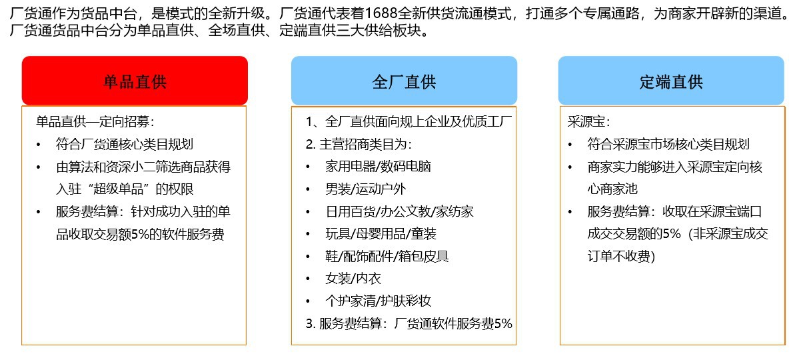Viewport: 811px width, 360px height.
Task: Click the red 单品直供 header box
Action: [x=135, y=81]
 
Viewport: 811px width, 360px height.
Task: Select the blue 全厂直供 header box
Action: [x=404, y=81]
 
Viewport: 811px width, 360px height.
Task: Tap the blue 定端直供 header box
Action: [x=671, y=81]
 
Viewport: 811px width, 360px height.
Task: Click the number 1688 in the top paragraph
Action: [x=381, y=13]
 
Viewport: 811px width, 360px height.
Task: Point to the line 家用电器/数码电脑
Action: [x=378, y=167]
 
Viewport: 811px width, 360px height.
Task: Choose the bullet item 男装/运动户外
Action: [x=366, y=189]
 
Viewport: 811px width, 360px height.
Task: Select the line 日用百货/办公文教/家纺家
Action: [x=399, y=211]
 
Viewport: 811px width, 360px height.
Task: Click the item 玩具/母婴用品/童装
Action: [x=381, y=234]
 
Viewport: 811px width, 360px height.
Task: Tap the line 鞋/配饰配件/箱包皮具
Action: [x=387, y=257]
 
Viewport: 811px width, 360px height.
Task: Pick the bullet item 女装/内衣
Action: [x=353, y=279]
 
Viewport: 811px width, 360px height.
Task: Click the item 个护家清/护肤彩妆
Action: [x=378, y=301]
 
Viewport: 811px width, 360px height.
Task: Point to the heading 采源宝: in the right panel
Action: [x=588, y=122]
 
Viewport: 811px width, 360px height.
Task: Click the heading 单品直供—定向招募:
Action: [x=95, y=122]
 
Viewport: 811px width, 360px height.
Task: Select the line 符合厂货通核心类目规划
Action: [x=124, y=144]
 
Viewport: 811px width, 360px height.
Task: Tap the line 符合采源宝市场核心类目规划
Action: [x=668, y=144]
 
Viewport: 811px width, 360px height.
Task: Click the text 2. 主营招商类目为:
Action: [x=359, y=145]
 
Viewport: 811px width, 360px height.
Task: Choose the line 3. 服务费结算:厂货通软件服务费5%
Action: [x=408, y=323]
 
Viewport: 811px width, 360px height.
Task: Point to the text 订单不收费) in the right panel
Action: [x=621, y=257]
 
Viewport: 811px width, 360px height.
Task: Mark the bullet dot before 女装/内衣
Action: [x=308, y=279]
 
